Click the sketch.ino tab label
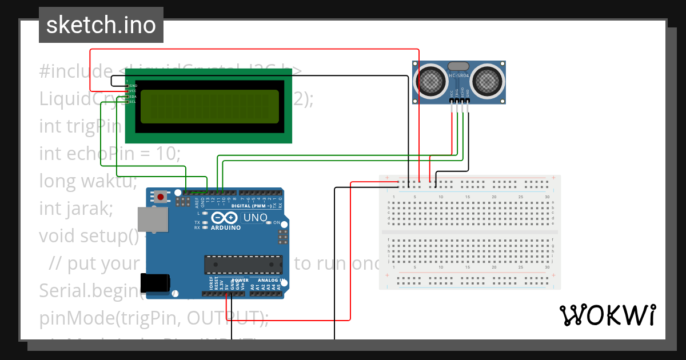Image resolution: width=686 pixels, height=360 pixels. click(x=101, y=25)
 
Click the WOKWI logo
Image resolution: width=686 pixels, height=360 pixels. click(x=607, y=315)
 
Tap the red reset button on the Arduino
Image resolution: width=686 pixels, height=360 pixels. click(x=161, y=198)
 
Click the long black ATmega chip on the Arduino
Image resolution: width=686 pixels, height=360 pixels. click(x=244, y=264)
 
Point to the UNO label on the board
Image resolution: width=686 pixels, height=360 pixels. click(x=255, y=218)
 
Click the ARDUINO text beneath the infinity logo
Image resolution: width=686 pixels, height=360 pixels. click(x=225, y=227)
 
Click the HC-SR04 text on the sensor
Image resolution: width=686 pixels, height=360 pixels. click(x=459, y=75)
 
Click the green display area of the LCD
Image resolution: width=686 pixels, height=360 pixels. click(x=209, y=107)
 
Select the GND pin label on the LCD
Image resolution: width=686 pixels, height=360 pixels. click(x=133, y=85)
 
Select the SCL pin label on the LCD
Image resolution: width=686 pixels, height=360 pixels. click(x=133, y=102)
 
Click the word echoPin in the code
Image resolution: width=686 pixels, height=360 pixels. click(x=108, y=153)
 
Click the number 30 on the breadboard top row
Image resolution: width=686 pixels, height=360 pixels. click(x=548, y=197)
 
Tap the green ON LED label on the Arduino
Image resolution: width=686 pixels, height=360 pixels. click(x=276, y=222)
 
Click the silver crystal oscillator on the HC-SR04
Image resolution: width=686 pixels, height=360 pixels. click(x=459, y=66)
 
